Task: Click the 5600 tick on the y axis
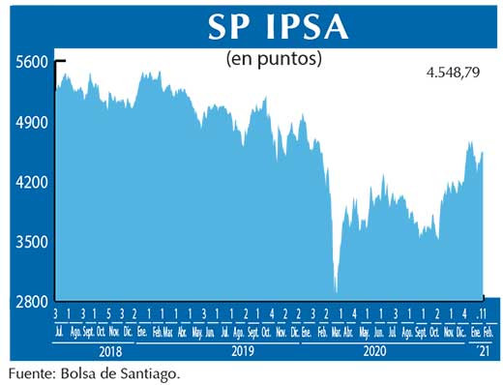click(31, 62)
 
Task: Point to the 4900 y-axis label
click(31, 123)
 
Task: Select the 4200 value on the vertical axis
click(31, 183)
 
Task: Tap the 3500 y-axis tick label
click(31, 243)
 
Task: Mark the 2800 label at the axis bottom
click(31, 303)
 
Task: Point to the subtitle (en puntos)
click(274, 59)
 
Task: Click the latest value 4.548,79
click(454, 72)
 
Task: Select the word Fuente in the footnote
click(27, 371)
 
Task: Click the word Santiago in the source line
click(153, 371)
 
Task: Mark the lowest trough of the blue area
click(336, 291)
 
